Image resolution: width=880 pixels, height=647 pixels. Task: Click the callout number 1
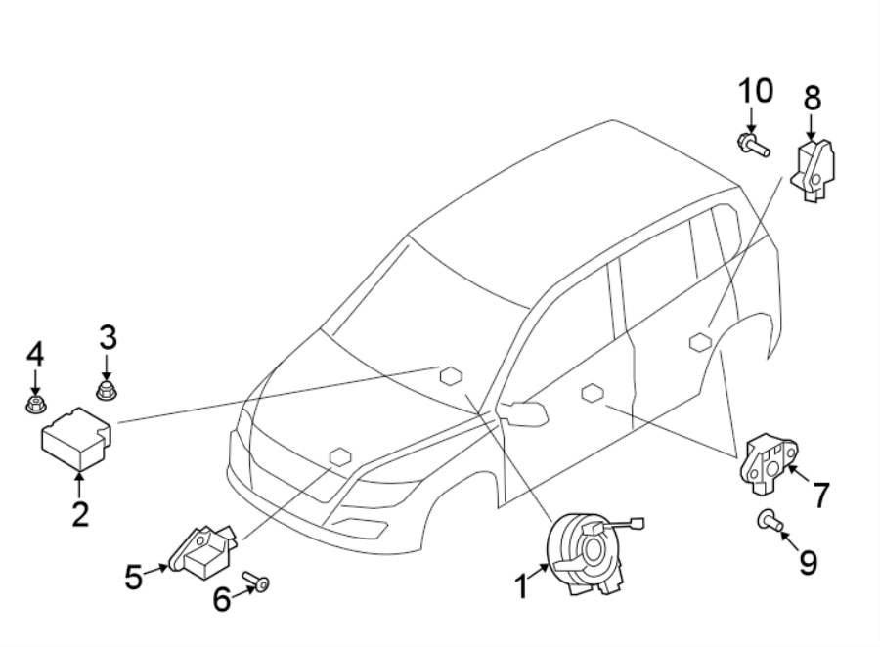coord(522,586)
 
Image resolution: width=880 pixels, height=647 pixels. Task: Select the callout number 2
coord(79,513)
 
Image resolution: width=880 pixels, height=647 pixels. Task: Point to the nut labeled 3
coord(108,393)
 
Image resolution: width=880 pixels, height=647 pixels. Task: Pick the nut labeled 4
coord(35,401)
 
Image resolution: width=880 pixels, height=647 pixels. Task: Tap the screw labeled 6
coord(258,582)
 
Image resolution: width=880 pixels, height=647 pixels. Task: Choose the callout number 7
coord(820,496)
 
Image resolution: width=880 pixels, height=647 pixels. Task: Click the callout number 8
coord(812,99)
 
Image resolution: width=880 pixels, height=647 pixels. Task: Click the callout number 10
coord(755,92)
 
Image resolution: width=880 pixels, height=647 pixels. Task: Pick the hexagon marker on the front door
coord(592,393)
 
